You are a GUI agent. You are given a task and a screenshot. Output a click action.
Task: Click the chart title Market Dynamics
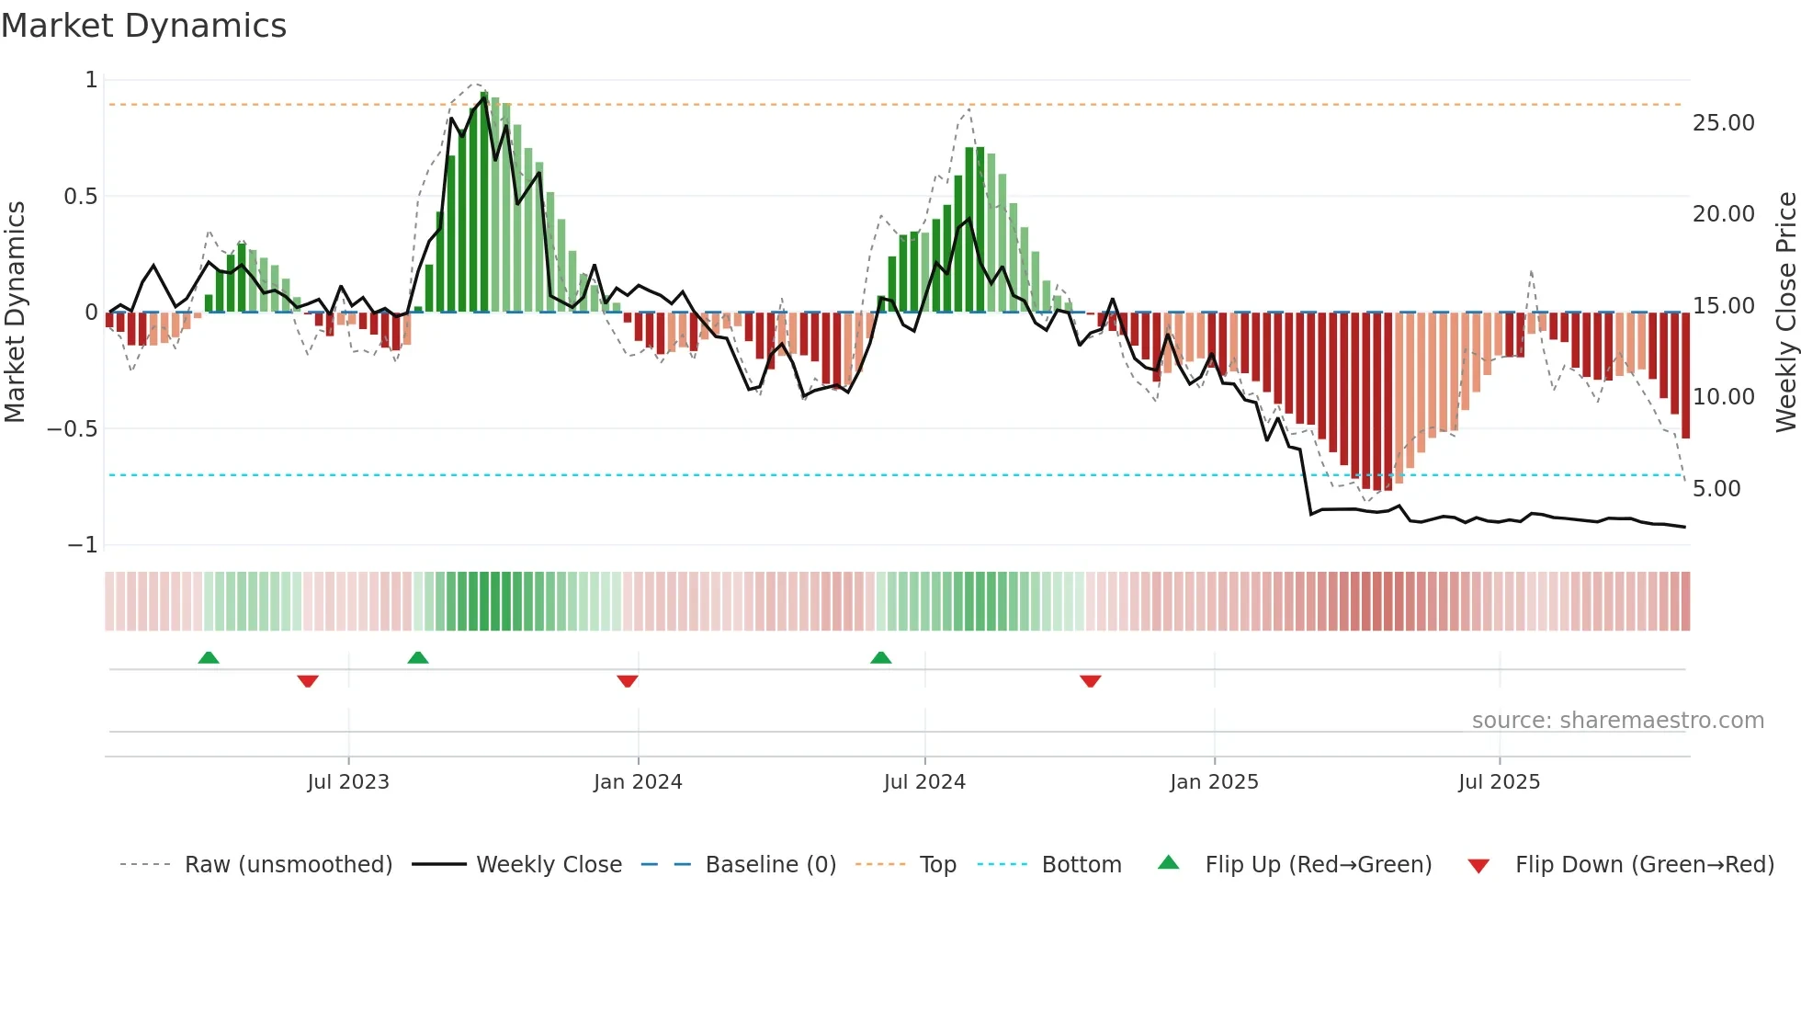point(144,26)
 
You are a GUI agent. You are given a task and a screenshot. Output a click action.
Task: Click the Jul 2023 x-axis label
point(348,781)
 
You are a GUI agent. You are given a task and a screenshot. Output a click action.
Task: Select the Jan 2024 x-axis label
point(638,781)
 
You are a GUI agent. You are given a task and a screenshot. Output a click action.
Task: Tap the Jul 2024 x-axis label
point(924,781)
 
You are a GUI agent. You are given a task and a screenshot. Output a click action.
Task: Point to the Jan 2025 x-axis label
point(1214,781)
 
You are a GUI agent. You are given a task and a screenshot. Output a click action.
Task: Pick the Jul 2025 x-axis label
point(1499,781)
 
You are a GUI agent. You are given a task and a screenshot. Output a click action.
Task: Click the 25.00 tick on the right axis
point(1723,123)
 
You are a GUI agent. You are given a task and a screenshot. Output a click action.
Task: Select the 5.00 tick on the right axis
point(1716,489)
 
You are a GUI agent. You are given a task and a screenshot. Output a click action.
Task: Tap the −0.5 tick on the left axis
point(72,429)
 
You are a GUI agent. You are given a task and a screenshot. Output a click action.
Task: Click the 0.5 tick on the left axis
point(80,197)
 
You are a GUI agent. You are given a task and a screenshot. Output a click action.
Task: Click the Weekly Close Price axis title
point(1785,312)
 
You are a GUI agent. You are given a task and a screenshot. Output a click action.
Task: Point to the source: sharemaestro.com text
point(1617,721)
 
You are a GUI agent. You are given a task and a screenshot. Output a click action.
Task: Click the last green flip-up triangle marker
point(880,658)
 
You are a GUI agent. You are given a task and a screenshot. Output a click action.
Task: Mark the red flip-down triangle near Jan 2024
point(628,681)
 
